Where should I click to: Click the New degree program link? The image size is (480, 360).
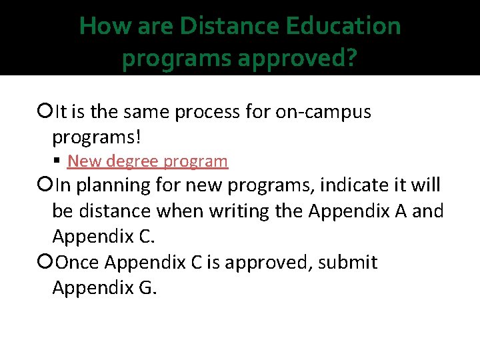point(147,161)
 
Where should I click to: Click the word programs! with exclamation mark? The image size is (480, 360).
point(97,138)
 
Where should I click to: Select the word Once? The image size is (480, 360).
point(79,263)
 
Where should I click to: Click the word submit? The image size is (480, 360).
point(348,263)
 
